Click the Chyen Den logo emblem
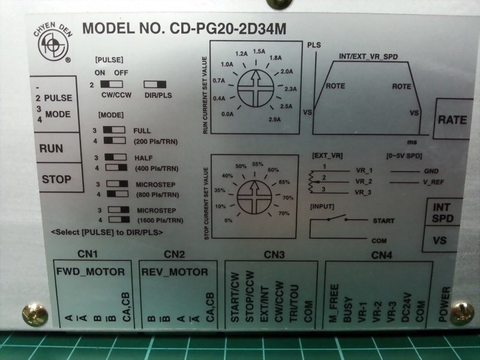(x=53, y=43)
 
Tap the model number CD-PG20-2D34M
(x=228, y=29)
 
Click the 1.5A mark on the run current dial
(x=259, y=52)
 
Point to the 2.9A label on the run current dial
(x=275, y=119)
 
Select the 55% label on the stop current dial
(x=258, y=164)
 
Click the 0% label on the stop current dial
(x=229, y=220)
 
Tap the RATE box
(x=452, y=119)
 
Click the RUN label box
(x=58, y=148)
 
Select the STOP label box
(x=59, y=178)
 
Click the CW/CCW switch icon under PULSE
(x=112, y=84)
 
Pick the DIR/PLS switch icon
(x=155, y=85)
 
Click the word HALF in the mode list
(x=143, y=158)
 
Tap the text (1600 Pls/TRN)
(x=160, y=220)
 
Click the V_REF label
(x=433, y=182)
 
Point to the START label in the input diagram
(x=383, y=221)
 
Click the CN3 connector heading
(x=274, y=254)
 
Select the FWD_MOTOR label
(x=91, y=272)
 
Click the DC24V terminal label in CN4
(x=406, y=308)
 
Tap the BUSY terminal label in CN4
(x=347, y=310)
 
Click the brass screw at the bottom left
(x=35, y=314)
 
